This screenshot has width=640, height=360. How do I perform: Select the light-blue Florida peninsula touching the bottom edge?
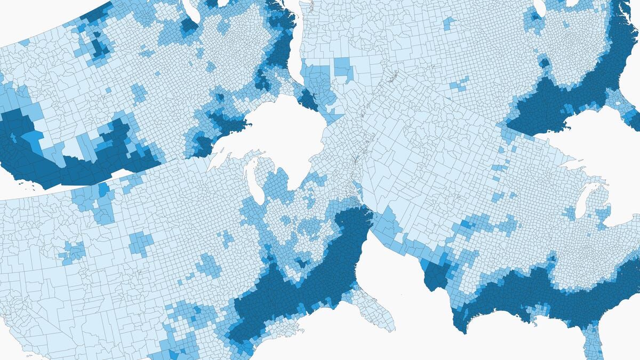tap(592, 341)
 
